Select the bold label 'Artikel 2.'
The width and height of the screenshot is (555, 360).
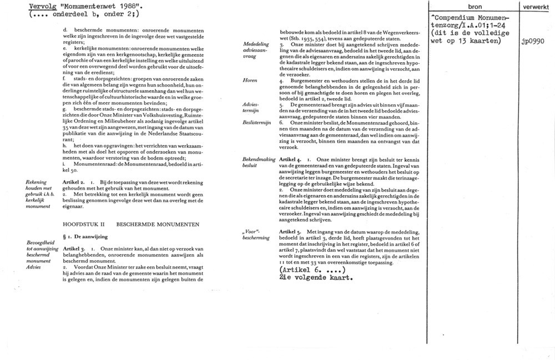point(74,182)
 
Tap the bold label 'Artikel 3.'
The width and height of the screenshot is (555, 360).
point(74,249)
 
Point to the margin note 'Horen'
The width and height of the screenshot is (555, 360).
point(250,80)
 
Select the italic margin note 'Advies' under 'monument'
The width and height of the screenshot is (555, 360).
point(34,267)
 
